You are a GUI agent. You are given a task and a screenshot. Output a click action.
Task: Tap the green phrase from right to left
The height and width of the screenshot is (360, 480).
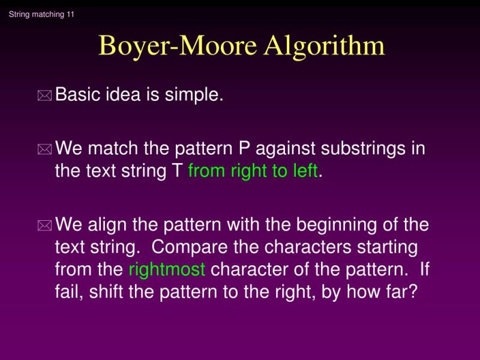click(253, 172)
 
